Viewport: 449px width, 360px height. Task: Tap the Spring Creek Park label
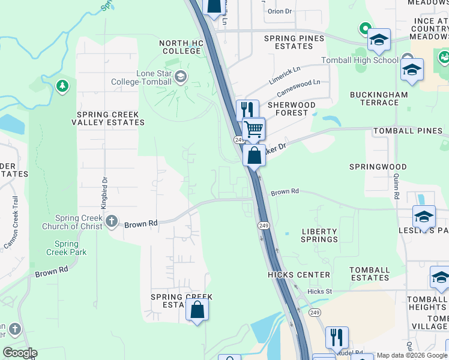pos(67,248)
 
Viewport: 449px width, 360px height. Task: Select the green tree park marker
pos(62,87)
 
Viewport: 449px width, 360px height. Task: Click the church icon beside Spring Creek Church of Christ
pos(111,222)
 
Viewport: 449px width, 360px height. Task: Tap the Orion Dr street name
pos(279,11)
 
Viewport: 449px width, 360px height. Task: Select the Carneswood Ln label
pos(298,89)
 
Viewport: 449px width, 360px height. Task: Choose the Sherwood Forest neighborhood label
pos(291,109)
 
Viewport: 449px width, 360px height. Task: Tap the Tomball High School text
pos(360,60)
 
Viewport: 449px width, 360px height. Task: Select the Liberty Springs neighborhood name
pos(319,235)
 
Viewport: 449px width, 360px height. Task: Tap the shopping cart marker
pos(254,128)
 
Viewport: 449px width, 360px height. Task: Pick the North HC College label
pos(181,47)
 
